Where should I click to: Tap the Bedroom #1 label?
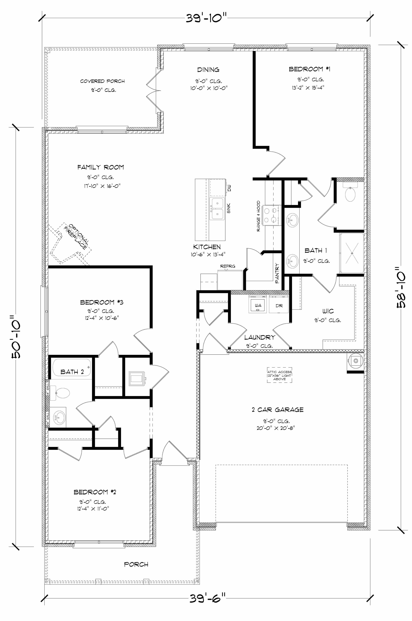310,69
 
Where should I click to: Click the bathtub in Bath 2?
71,367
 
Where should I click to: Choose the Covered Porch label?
102,81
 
